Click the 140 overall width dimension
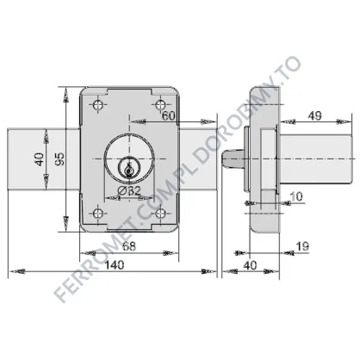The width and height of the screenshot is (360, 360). click(115, 264)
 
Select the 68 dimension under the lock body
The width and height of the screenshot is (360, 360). click(129, 246)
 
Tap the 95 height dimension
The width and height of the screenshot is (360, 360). click(59, 158)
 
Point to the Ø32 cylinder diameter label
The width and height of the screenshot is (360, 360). click(129, 190)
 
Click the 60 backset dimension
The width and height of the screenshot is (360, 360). click(169, 115)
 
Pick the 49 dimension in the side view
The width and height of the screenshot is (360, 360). click(315, 115)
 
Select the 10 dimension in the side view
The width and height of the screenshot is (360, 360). click(296, 196)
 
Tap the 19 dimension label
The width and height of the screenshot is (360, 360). click(302, 246)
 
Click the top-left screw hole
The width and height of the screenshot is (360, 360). click(99, 104)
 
